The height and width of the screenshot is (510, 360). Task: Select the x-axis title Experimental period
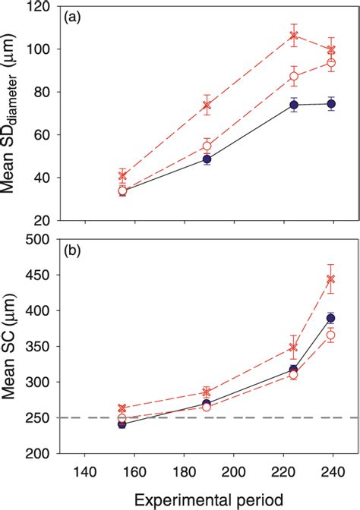207,499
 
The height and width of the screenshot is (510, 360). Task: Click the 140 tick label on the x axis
84,470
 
